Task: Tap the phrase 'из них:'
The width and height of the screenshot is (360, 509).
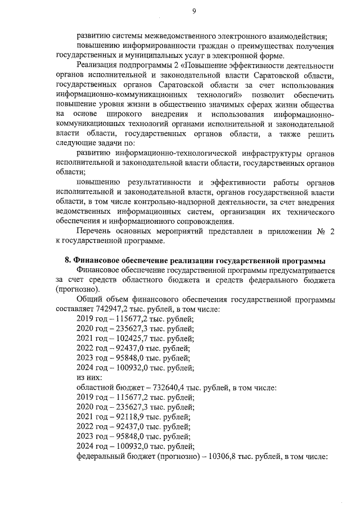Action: (89, 377)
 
